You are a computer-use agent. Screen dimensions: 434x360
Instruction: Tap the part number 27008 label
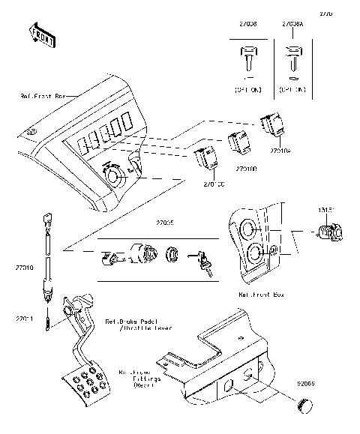(x=246, y=25)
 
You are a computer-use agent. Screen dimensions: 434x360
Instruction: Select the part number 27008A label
(x=292, y=25)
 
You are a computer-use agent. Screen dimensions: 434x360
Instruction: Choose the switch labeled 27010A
(x=271, y=125)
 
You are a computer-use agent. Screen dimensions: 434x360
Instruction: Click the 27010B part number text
(x=246, y=169)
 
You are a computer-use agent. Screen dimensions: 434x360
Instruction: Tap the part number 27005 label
(x=164, y=223)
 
